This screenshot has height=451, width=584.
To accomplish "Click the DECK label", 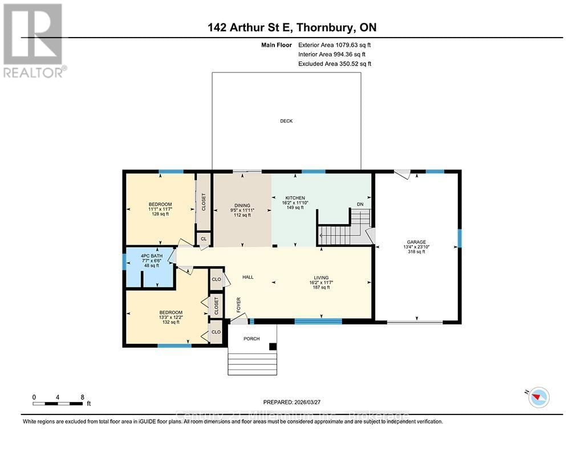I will pyautogui.click(x=286, y=121).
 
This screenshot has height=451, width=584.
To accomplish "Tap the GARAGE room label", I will pyautogui.click(x=416, y=242).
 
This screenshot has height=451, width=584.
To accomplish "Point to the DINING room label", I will pyautogui.click(x=242, y=205).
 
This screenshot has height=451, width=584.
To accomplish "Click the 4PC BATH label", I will pyautogui.click(x=152, y=256).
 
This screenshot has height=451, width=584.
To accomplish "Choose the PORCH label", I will pyautogui.click(x=252, y=339).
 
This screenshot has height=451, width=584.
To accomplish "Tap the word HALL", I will pyautogui.click(x=248, y=277).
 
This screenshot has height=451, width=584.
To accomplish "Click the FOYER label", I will pyautogui.click(x=239, y=306).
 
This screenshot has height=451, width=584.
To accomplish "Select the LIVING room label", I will pyautogui.click(x=321, y=278).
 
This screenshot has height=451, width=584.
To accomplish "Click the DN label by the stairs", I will pyautogui.click(x=360, y=204).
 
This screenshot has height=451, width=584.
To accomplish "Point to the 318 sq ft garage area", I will pyautogui.click(x=416, y=251).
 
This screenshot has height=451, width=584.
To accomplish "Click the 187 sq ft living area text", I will pyautogui.click(x=321, y=287).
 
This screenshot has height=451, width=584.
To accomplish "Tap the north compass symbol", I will pyautogui.click(x=538, y=397).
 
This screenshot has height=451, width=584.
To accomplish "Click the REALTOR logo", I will pyautogui.click(x=34, y=40).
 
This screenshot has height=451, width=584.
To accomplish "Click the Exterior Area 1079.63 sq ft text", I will pyautogui.click(x=334, y=44).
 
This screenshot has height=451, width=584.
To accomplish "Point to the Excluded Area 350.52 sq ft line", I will pyautogui.click(x=334, y=64).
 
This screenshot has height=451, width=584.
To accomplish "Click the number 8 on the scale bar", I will pyautogui.click(x=82, y=397).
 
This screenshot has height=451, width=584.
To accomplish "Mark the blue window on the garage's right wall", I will pyautogui.click(x=459, y=238).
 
